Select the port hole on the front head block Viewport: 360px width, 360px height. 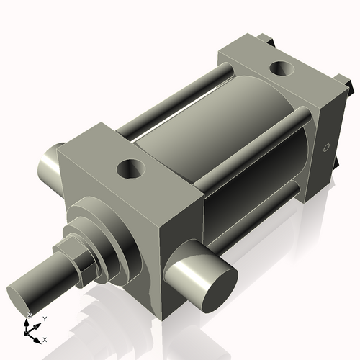[x=132, y=171]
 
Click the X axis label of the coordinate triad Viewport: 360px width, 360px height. [x=45, y=339]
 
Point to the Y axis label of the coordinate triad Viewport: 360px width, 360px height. [x=45, y=318]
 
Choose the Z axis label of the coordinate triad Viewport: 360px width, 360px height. [x=30, y=315]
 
